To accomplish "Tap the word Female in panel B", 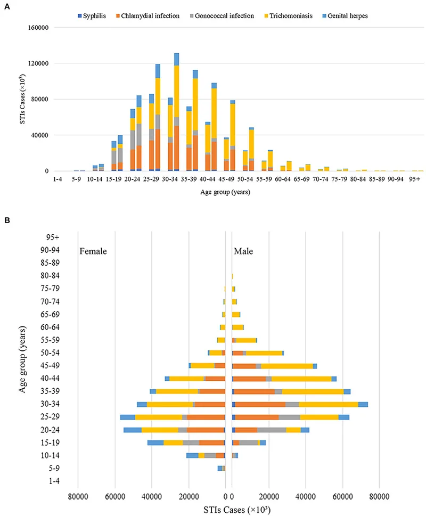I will tap(94, 251).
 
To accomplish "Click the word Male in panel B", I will tap(244, 251).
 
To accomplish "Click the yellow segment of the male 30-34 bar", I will tap(329, 404).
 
